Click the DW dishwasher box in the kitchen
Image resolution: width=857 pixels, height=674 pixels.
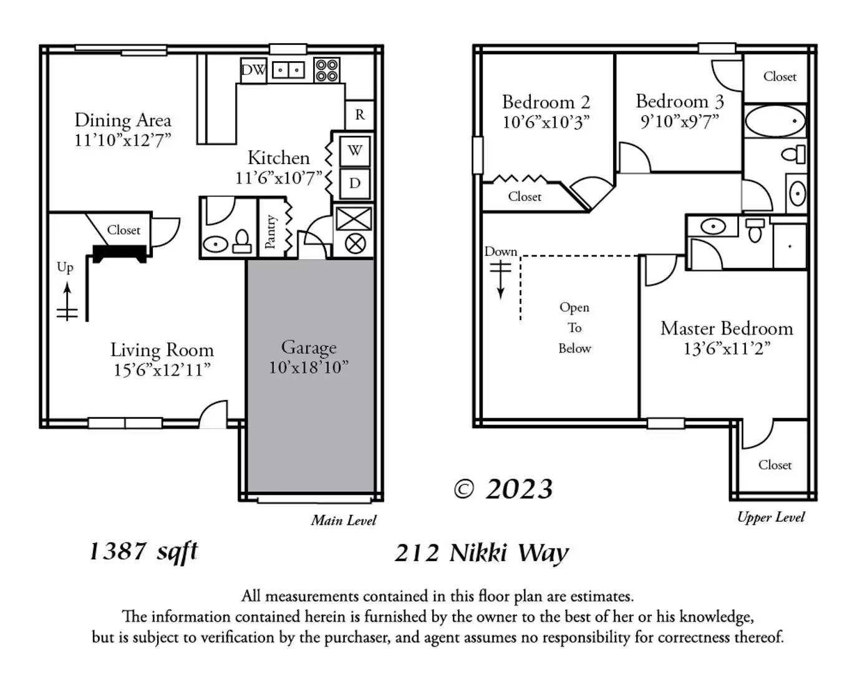(254, 71)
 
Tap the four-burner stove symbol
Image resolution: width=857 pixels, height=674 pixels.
(327, 71)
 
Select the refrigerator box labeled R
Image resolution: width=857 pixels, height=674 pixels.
(359, 115)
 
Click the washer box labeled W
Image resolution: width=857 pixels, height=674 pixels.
(355, 151)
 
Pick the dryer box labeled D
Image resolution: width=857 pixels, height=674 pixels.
(355, 183)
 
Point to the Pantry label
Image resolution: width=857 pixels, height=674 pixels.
(270, 232)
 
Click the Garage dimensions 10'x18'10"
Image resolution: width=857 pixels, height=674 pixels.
(309, 368)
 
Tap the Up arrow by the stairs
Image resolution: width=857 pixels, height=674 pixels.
(68, 301)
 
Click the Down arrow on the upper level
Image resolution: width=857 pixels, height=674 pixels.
(500, 280)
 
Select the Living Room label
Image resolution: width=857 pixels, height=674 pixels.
(162, 350)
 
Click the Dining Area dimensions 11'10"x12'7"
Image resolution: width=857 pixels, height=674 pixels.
(123, 140)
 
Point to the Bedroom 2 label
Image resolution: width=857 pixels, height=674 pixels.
(546, 102)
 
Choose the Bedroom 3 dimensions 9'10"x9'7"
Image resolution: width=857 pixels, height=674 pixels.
(679, 121)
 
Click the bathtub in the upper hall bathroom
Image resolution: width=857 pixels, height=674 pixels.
(775, 120)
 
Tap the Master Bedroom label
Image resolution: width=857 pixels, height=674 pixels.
(727, 328)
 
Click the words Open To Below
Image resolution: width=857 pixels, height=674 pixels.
(574, 328)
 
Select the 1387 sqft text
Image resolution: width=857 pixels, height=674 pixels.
(143, 551)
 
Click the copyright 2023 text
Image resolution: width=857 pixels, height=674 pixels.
(503, 489)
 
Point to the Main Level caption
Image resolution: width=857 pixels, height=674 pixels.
(344, 520)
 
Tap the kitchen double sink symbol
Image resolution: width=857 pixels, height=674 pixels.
(288, 71)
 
